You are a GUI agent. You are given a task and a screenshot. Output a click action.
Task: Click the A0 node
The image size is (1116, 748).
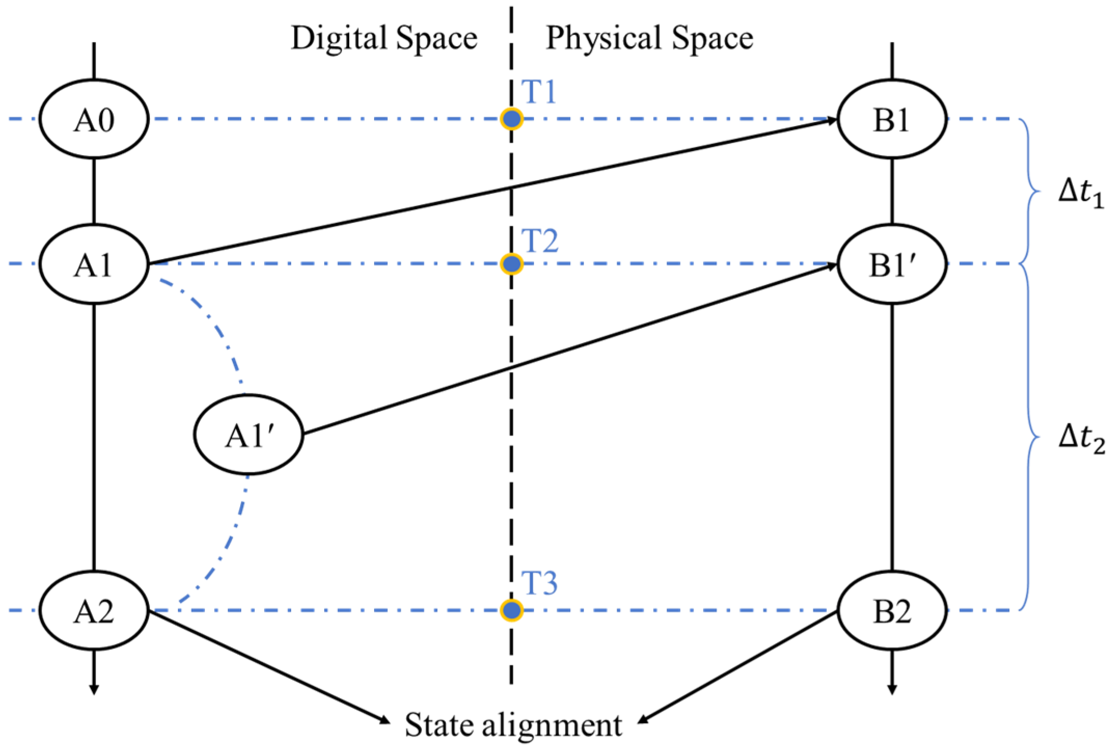click(x=94, y=119)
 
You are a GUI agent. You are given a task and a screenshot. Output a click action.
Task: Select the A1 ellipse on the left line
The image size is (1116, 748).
click(x=94, y=264)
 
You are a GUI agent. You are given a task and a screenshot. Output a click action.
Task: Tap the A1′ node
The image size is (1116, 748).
click(x=249, y=434)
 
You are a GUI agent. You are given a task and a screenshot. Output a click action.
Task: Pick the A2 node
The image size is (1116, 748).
click(x=94, y=610)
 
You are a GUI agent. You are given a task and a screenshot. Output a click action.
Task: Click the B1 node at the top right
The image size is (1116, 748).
click(x=892, y=119)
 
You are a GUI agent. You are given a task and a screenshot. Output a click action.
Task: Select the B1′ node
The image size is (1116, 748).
click(x=892, y=264)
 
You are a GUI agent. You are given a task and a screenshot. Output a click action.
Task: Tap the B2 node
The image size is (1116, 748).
click(x=892, y=610)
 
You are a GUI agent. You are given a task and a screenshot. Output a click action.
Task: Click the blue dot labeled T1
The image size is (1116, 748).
click(x=512, y=119)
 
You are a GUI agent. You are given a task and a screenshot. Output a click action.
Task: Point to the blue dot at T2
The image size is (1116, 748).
click(x=512, y=264)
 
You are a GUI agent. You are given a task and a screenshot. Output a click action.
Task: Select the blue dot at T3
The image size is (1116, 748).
click(x=512, y=610)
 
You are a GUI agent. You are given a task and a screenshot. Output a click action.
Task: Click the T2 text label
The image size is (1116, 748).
click(x=540, y=241)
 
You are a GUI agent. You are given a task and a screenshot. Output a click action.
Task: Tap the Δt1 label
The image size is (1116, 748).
click(x=1081, y=192)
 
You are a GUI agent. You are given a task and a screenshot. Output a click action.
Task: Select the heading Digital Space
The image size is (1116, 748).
click(x=383, y=38)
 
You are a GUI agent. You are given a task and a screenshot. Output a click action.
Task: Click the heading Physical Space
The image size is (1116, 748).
click(x=649, y=38)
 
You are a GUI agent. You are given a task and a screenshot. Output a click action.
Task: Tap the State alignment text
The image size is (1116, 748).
click(x=513, y=725)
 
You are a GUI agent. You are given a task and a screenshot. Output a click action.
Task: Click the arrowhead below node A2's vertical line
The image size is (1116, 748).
click(x=94, y=688)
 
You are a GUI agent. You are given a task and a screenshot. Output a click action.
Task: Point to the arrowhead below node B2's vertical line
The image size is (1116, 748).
click(x=892, y=688)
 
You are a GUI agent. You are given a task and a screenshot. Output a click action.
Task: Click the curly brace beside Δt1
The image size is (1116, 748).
click(x=1030, y=192)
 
